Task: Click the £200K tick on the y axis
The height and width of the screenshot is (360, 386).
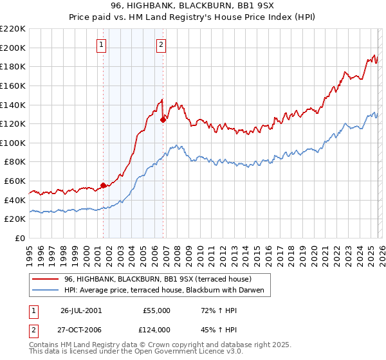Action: (13, 48)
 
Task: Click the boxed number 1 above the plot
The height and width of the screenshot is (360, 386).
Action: (102, 44)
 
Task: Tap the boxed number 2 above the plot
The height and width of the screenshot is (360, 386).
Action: (160, 44)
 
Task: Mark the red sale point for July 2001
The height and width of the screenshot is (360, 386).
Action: (103, 185)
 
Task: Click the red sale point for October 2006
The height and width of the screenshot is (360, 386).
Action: (163, 119)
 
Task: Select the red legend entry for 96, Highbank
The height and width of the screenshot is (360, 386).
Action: (161, 279)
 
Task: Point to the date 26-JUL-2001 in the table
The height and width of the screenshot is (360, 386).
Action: (80, 310)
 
